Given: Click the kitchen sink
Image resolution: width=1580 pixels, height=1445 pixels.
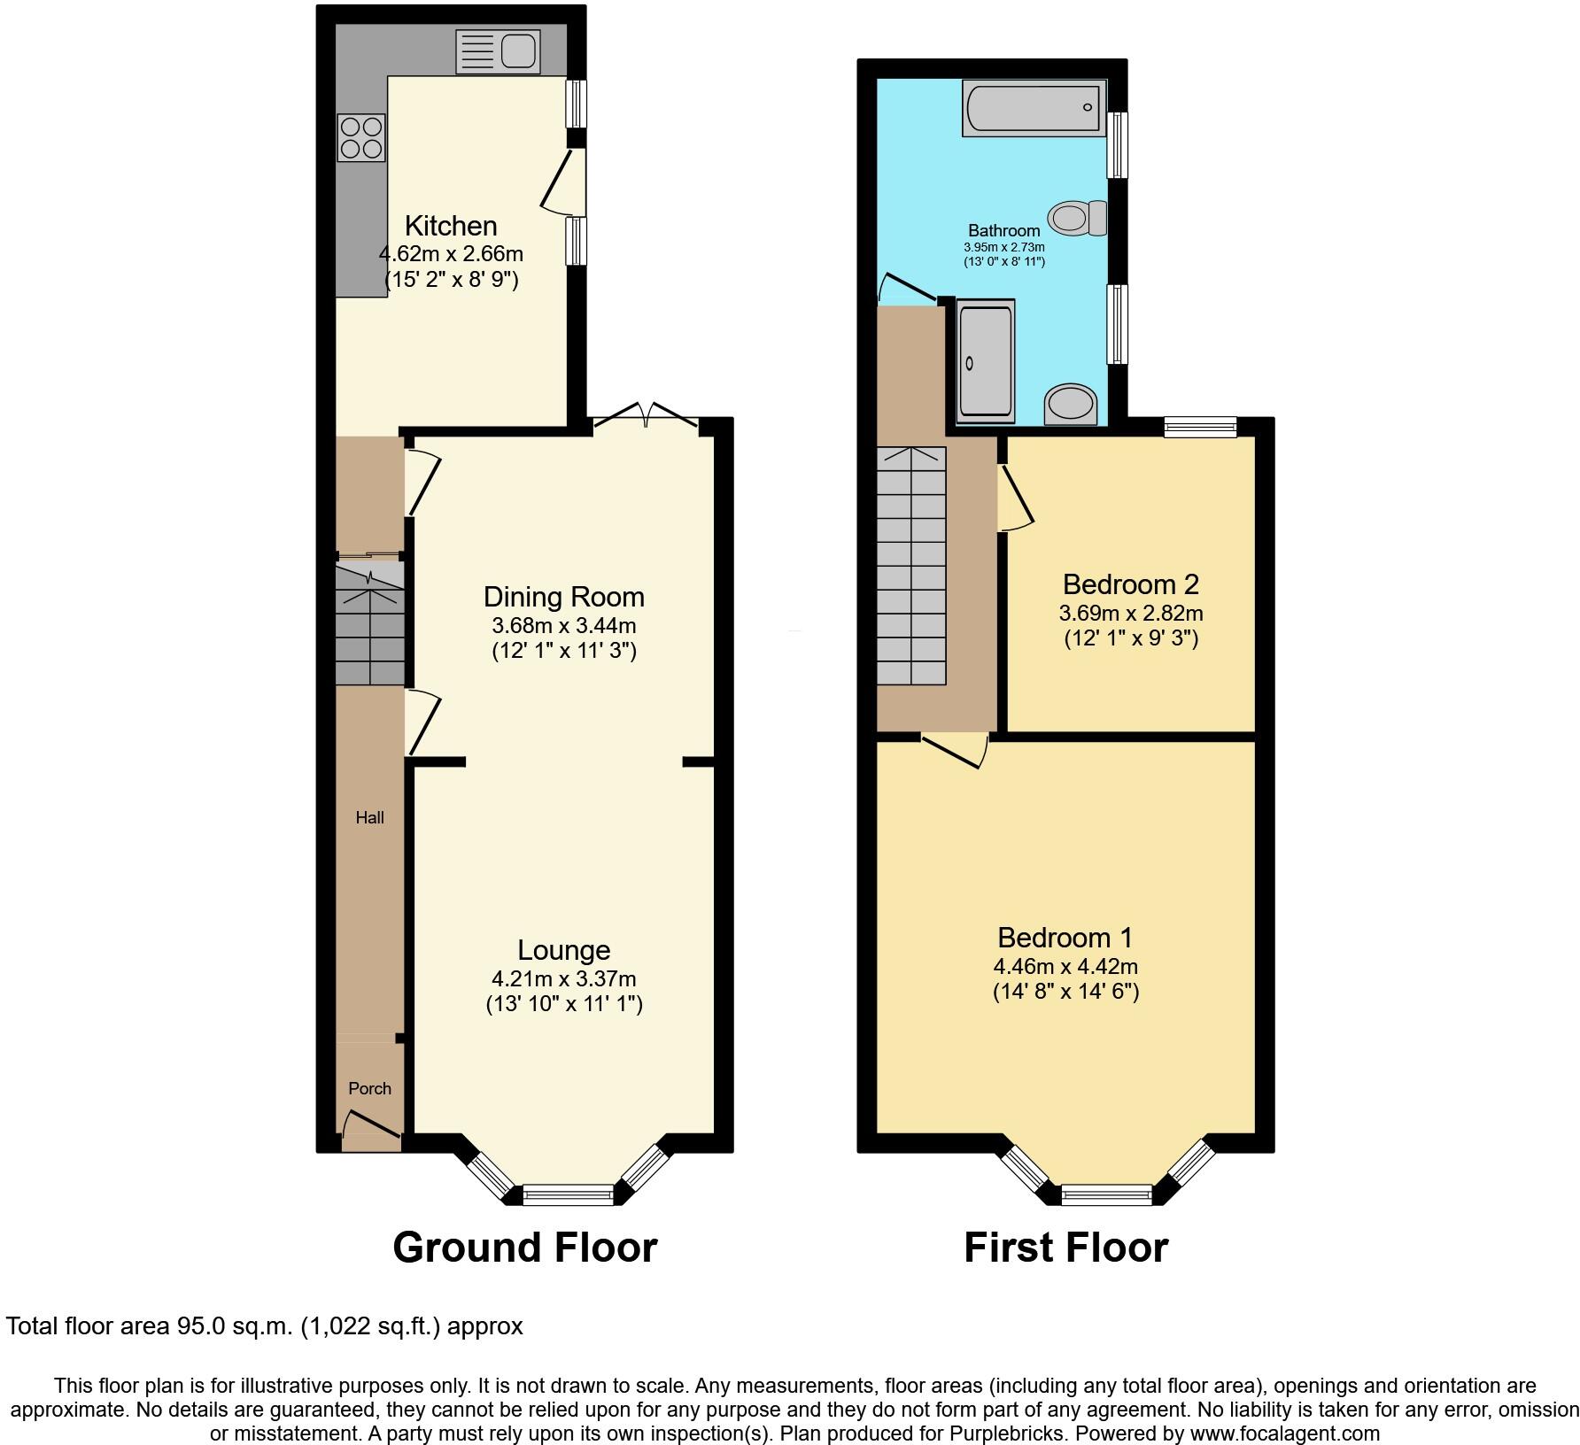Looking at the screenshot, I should click(x=498, y=51).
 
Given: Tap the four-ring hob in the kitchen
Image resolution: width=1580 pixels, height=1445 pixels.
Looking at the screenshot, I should click(x=361, y=138).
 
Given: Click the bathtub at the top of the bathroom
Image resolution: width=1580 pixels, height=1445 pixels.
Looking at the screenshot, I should click(x=1034, y=108).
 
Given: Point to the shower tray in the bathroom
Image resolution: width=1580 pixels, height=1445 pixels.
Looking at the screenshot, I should click(x=985, y=360).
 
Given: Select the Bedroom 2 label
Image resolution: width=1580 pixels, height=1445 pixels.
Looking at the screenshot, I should click(x=1130, y=584).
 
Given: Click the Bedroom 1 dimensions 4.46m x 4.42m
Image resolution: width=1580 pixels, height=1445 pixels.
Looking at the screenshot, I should click(x=1065, y=966).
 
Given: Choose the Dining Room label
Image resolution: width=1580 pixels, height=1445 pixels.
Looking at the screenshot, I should click(x=563, y=597).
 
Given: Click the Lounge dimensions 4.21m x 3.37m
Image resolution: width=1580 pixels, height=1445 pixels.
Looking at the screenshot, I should click(x=563, y=978).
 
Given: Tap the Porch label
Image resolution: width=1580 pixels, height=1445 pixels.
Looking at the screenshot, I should click(x=369, y=1088).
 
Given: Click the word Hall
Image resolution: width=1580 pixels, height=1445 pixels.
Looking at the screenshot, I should click(x=369, y=817).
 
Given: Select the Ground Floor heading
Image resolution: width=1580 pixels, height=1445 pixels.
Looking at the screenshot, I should click(x=524, y=1248).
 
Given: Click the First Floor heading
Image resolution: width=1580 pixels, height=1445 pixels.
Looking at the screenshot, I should click(x=1065, y=1248).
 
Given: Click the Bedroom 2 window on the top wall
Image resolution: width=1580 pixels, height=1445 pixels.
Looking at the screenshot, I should click(x=1200, y=427).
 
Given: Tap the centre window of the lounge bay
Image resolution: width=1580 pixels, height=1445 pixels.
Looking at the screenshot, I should click(x=568, y=1194).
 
